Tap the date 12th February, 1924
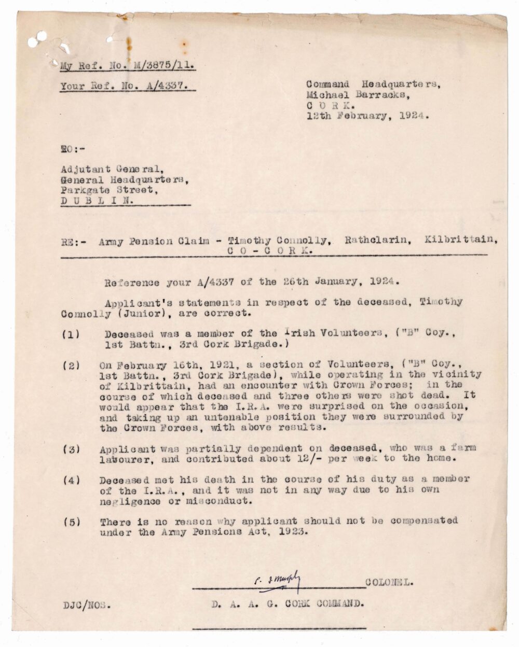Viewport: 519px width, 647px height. tap(367, 116)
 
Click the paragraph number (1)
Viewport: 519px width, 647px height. tap(71, 334)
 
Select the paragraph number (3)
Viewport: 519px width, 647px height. tap(71, 449)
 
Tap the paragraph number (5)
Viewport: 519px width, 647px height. tap(71, 522)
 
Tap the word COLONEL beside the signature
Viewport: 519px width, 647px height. tap(389, 582)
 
